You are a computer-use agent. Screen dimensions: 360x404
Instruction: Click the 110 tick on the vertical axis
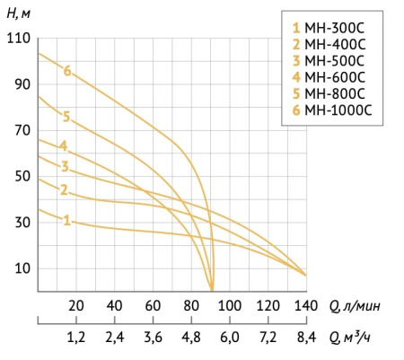(18, 39)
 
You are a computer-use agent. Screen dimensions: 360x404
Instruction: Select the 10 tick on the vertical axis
(22, 268)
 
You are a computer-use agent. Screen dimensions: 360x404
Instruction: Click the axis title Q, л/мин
(350, 306)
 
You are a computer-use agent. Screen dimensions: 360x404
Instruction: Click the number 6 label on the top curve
(66, 71)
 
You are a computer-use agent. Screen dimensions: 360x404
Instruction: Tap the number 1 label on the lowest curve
(66, 219)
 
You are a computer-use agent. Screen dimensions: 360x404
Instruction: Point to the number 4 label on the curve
(64, 146)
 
